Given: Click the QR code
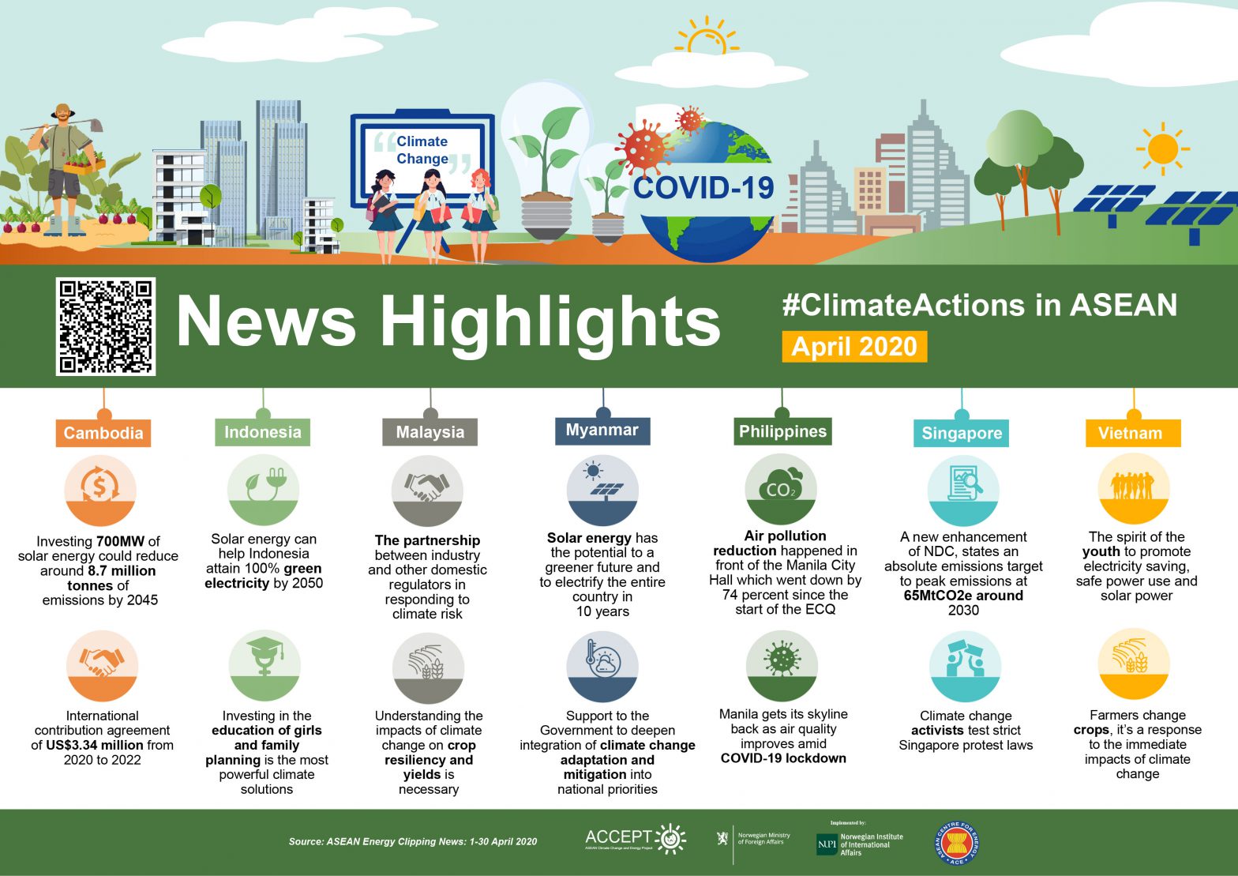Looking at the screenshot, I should click(x=106, y=326).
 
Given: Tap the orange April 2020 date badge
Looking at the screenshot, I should click(x=854, y=347).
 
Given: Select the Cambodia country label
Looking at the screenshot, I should click(x=103, y=433).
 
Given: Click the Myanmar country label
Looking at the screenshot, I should click(x=602, y=430).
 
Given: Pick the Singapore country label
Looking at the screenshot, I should click(x=962, y=433).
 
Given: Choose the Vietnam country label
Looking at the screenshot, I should click(x=1130, y=433).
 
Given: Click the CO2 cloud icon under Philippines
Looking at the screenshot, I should click(x=781, y=487).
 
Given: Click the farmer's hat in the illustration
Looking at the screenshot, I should click(x=63, y=112).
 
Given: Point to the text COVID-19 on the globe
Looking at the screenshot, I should click(x=703, y=187).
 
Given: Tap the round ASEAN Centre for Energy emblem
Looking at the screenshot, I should click(x=956, y=843).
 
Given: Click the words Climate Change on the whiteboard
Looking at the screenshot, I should click(x=422, y=150).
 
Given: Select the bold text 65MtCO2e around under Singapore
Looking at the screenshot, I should click(x=963, y=596).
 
